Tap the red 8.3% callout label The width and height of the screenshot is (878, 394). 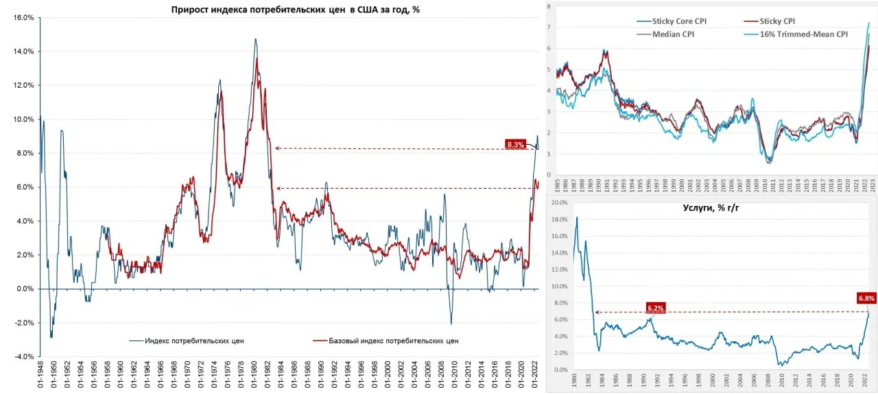click(x=514, y=144)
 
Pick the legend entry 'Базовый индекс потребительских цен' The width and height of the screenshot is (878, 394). click(x=394, y=340)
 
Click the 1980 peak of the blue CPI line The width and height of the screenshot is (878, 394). click(x=256, y=40)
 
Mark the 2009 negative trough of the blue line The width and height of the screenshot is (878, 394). click(x=451, y=323)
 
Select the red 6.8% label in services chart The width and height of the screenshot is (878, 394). click(x=866, y=298)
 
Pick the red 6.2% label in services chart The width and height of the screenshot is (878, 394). click(x=655, y=308)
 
